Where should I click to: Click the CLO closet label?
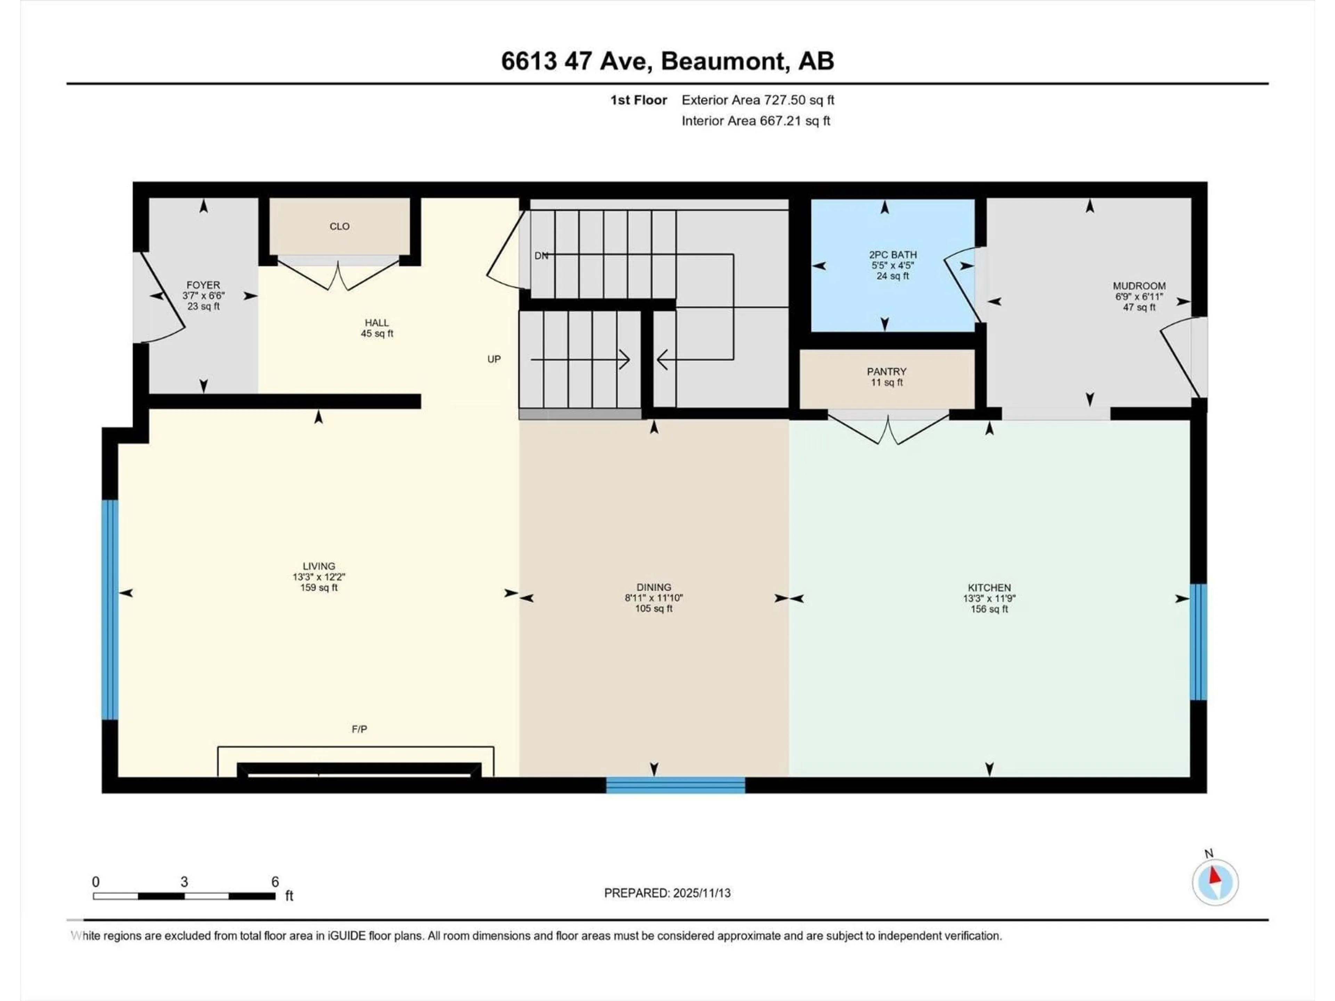(339, 226)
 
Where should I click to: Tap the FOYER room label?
(203, 285)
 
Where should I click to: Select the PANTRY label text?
(887, 372)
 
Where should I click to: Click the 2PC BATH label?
(893, 255)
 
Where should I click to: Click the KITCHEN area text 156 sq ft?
(989, 609)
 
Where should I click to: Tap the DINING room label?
(654, 587)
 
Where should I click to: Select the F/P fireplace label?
(359, 729)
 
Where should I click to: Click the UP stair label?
(494, 359)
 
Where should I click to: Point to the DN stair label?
(541, 256)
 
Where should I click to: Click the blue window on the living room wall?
(110, 609)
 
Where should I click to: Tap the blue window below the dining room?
(675, 785)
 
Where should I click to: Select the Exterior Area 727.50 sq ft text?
(758, 100)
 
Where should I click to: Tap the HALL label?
(377, 323)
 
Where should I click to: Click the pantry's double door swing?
(888, 430)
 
